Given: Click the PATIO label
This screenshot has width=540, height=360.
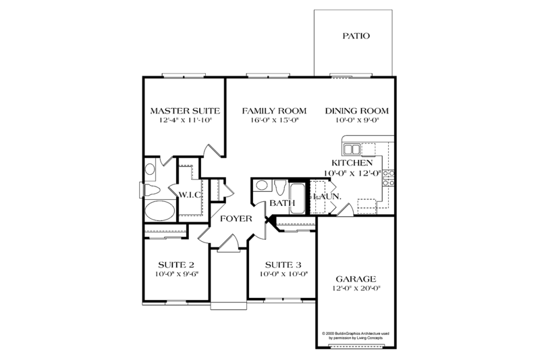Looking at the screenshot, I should (355, 36).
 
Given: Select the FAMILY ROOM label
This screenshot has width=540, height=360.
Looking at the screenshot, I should (275, 111).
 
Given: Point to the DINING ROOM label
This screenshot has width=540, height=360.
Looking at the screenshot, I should (358, 111).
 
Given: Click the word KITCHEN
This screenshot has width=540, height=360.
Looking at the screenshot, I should (352, 163).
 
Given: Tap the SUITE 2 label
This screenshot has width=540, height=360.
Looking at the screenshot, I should (176, 264).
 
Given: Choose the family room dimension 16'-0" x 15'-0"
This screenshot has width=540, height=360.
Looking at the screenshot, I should (275, 120).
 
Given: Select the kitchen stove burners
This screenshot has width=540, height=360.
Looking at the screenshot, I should (389, 178).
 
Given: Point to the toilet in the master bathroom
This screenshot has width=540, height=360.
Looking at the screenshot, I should (149, 188).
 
